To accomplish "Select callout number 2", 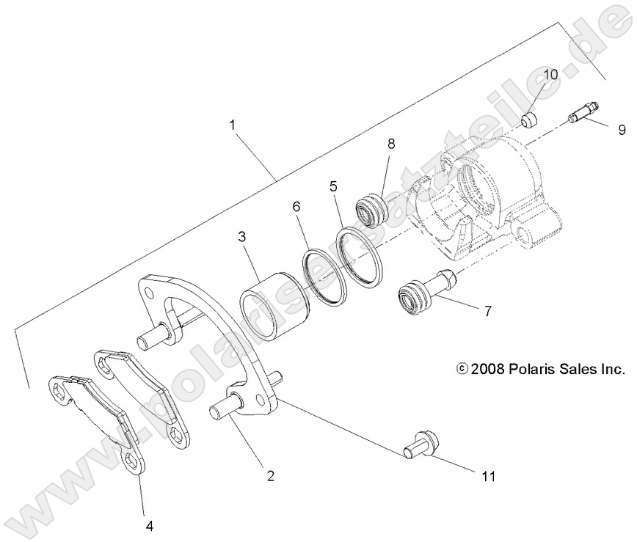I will coord(270,476).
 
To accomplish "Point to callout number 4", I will coord(149,525).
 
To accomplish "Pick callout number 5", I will coord(333,186).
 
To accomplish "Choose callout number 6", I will coord(296,208).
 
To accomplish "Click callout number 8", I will coord(391,144).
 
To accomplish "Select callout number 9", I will coord(622,130).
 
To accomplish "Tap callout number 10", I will coord(550,74).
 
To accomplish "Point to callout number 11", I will coord(488,477).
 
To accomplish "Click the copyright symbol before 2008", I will coord(461,369).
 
